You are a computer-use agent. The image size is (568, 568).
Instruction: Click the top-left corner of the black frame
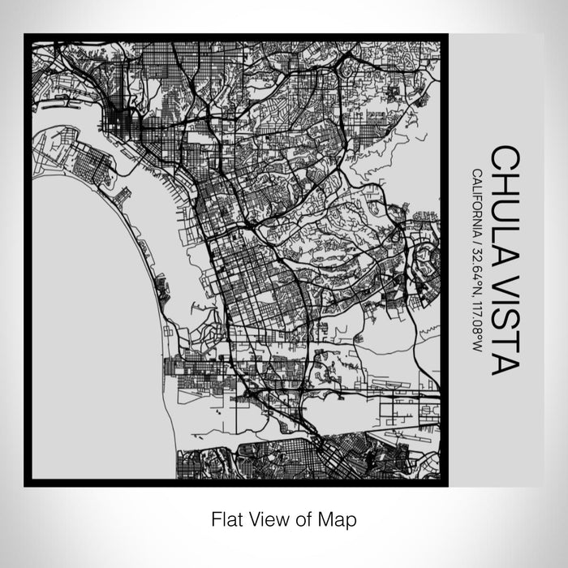(26, 35)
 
